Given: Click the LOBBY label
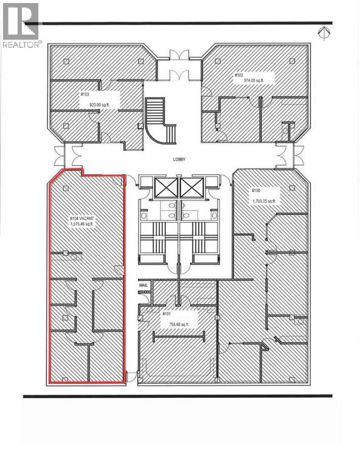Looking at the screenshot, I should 178,160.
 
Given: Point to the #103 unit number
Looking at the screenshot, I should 84,95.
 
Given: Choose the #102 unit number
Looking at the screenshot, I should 239,75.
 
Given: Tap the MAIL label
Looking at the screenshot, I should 143,284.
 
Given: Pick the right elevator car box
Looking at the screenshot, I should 191,187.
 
